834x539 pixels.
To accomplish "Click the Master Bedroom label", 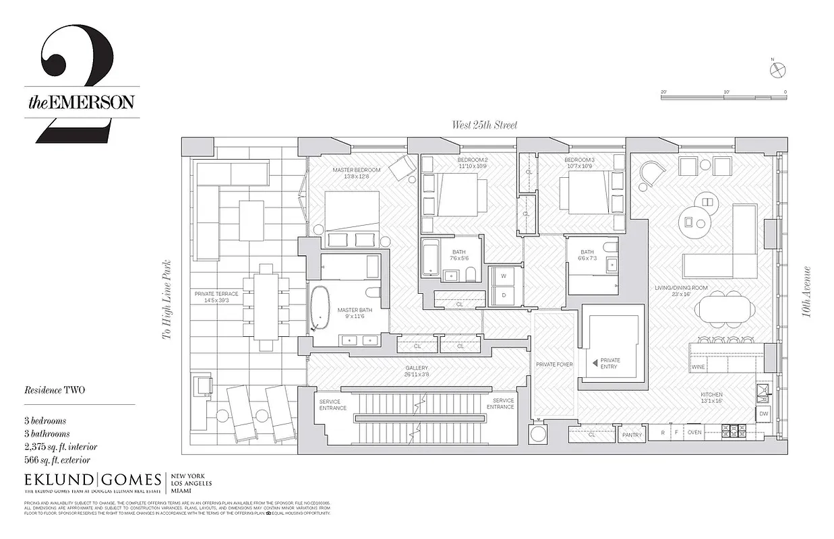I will pos(356,170).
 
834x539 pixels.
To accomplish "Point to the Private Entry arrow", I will pos(595,362).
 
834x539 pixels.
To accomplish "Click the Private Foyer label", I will pos(554,364).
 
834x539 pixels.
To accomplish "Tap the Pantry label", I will pos(632,435).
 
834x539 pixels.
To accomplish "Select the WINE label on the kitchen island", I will pos(698,367).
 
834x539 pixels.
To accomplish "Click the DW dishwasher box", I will pos(763,413).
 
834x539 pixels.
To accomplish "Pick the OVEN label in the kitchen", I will pos(694,433).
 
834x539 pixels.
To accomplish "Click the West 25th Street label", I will pos(484,125).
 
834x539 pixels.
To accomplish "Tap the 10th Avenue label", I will pos(807,292).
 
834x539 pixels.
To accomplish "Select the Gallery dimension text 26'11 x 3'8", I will pos(417,375).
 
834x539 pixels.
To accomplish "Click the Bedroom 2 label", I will pos(472,160).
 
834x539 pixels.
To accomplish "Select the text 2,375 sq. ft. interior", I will pos(61,447).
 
